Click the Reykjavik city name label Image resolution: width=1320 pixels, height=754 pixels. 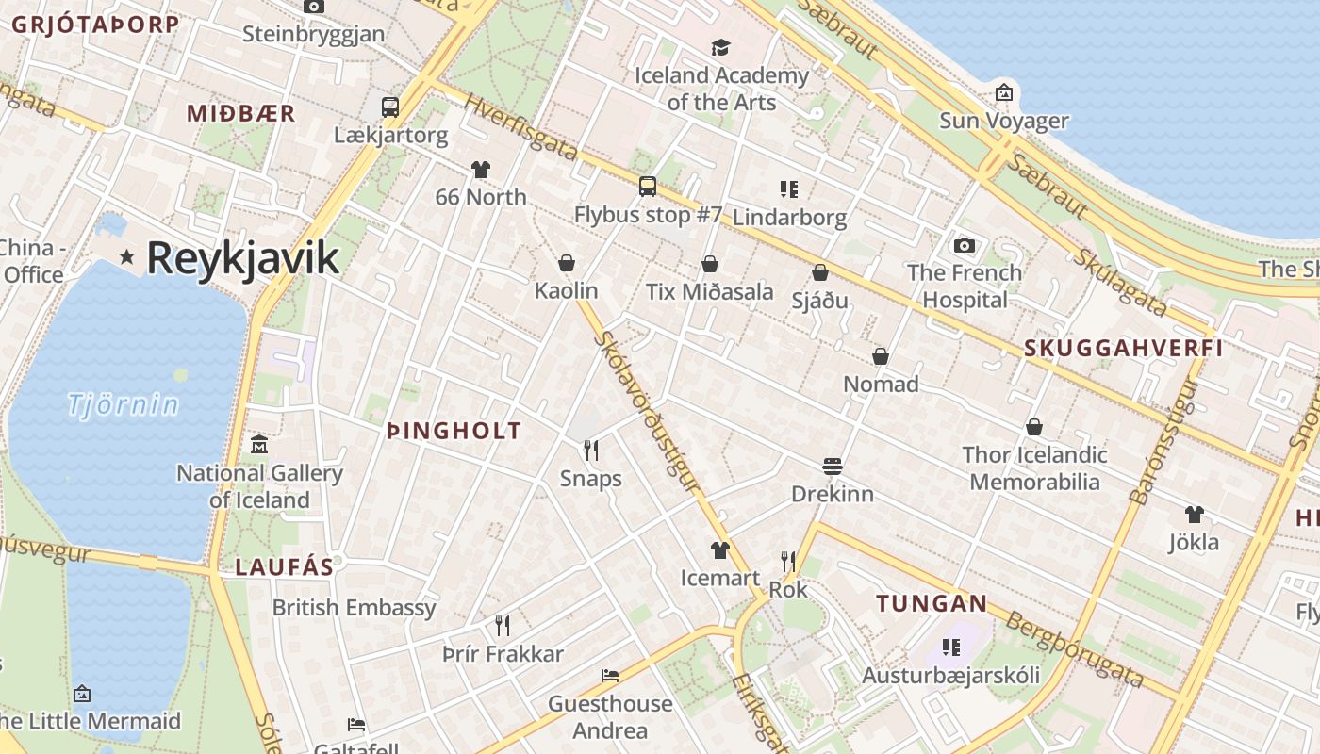pyautogui.click(x=242, y=258)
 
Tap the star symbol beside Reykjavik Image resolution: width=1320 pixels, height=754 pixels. pyautogui.click(x=126, y=256)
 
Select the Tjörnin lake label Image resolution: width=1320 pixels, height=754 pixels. pyautogui.click(x=123, y=405)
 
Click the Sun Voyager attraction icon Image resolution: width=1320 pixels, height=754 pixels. pyautogui.click(x=1004, y=92)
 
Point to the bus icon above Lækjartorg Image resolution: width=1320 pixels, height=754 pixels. pyautogui.click(x=389, y=107)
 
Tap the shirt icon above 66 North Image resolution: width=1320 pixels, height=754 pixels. pyautogui.click(x=481, y=170)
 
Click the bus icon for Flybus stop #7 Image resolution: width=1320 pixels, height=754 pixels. pyautogui.click(x=648, y=187)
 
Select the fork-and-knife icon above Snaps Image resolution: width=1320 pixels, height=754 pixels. pyautogui.click(x=591, y=450)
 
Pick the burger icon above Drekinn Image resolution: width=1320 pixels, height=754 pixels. pyautogui.click(x=832, y=466)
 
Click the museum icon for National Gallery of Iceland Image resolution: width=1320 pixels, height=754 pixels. pyautogui.click(x=259, y=445)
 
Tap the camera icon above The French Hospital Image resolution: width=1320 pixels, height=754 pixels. pyautogui.click(x=965, y=245)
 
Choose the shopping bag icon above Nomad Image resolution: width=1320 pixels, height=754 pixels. pyautogui.click(x=881, y=356)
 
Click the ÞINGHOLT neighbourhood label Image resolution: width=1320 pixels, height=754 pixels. pyautogui.click(x=454, y=432)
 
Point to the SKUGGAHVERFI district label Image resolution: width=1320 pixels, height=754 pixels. pyautogui.click(x=1123, y=348)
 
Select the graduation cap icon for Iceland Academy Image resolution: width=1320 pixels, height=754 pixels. pyautogui.click(x=721, y=47)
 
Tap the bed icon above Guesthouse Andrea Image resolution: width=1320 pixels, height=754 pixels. pyautogui.click(x=610, y=676)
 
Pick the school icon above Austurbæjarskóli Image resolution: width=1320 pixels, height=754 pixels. pyautogui.click(x=950, y=647)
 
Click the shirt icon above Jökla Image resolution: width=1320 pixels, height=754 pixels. pyautogui.click(x=1195, y=515)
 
